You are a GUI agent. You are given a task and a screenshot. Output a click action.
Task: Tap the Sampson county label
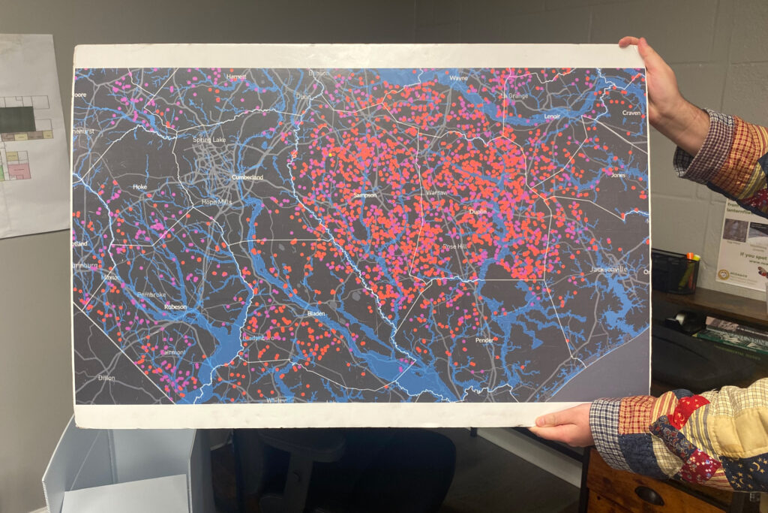click(364, 195)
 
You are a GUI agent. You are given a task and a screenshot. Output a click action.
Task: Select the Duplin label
click(478, 212)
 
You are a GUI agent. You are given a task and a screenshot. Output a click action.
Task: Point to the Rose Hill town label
click(454, 246)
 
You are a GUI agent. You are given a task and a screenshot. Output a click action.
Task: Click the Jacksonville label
click(608, 269)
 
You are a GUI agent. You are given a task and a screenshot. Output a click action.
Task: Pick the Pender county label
click(484, 340)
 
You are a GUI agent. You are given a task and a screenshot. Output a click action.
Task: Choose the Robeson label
click(175, 306)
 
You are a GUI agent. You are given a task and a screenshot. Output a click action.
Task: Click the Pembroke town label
click(151, 294)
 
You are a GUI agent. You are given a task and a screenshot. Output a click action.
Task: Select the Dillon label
click(106, 378)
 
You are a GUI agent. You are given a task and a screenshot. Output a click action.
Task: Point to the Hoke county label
click(139, 186)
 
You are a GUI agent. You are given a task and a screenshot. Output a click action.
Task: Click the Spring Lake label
click(208, 140)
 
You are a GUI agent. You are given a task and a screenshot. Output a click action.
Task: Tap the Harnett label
click(236, 77)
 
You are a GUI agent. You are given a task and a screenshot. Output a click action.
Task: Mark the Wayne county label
click(458, 77)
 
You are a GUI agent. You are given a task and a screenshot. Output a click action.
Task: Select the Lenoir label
click(552, 117)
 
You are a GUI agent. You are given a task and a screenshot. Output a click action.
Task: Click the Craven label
click(631, 113)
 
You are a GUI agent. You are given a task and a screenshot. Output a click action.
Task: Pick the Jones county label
click(618, 175)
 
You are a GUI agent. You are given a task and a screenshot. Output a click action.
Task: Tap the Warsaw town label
click(436, 192)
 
